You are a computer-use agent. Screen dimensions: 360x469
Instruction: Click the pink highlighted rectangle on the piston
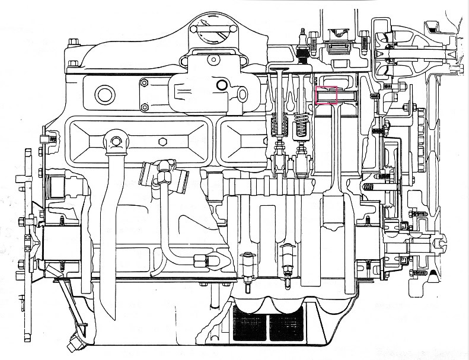[327, 95]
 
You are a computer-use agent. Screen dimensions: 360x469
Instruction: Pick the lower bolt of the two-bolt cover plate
[145, 107]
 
